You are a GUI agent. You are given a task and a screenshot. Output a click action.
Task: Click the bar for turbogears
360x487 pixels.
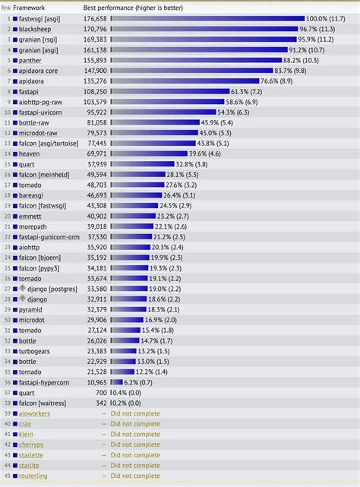point(122,351)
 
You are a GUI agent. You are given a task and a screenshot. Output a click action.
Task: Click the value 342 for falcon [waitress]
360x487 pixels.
point(100,403)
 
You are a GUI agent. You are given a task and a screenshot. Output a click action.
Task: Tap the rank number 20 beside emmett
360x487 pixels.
point(5,215)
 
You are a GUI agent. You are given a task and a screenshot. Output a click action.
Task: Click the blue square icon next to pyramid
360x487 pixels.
point(14,309)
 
